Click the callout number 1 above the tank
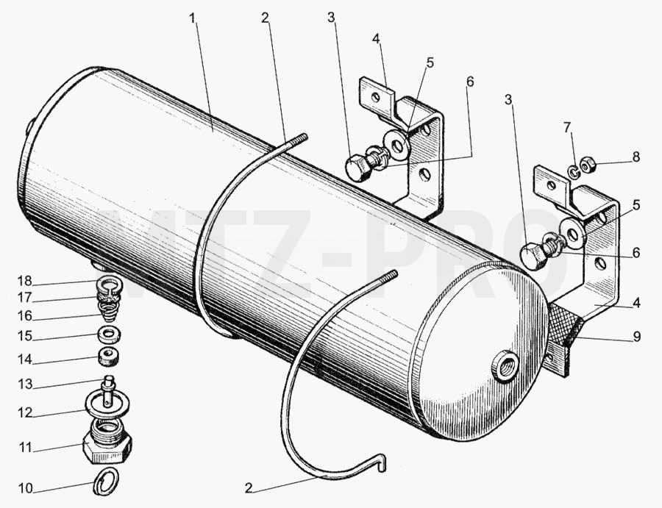[x=193, y=18]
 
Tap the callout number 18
[x=25, y=281]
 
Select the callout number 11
[x=25, y=447]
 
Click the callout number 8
[x=636, y=157]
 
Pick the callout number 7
[x=567, y=126]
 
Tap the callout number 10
[x=25, y=488]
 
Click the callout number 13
[x=25, y=384]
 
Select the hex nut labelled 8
[x=587, y=166]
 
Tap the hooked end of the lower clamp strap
[x=380, y=460]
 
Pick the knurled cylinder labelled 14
[x=110, y=357]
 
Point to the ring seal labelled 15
[x=110, y=335]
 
